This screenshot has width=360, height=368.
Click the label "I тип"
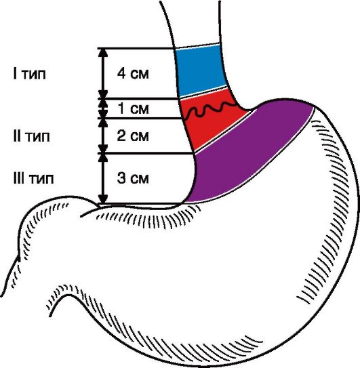pos(29,74)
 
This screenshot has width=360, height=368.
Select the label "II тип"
pos(31,136)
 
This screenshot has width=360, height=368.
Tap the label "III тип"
pos(34,178)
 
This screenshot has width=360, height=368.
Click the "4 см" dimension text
pos(133,73)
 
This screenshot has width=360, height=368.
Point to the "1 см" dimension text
pos(133,108)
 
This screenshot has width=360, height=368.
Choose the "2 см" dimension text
pos(133,136)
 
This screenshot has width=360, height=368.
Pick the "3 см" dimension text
pos(133,178)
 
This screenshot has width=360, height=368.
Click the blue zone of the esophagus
pos(200,70)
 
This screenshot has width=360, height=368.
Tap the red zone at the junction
pos(209,120)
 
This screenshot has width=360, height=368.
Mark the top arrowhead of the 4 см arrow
pos(103,53)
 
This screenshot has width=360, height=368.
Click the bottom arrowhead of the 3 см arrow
pos(103,199)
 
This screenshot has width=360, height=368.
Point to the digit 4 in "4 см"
pos(122,73)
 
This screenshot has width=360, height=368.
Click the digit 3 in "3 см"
pos(121,178)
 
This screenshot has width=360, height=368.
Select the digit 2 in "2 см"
pos(121,136)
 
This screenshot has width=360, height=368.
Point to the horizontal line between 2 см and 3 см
pos(146,153)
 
